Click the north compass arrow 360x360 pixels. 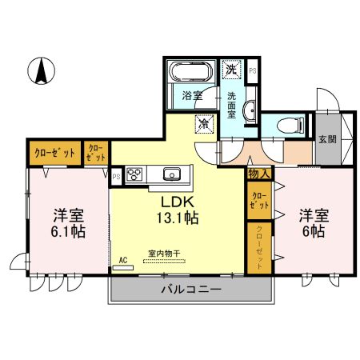(x=39, y=72)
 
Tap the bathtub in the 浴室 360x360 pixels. (x=191, y=76)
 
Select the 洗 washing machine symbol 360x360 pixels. (x=231, y=70)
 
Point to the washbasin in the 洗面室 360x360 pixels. (x=250, y=110)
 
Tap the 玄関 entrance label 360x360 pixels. (x=327, y=138)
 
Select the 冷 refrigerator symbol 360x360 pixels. (x=205, y=124)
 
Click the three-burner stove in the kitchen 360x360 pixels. (x=134, y=174)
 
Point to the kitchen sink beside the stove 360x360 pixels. (x=171, y=174)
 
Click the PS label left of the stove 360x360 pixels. (x=116, y=175)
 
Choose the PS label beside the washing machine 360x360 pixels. (x=252, y=71)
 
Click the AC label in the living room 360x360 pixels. (x=123, y=261)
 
